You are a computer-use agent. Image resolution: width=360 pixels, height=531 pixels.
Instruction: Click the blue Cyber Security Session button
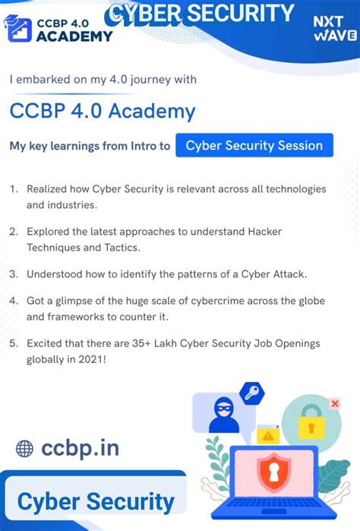coord(254,145)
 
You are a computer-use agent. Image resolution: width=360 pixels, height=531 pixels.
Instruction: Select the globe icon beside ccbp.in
coord(25,448)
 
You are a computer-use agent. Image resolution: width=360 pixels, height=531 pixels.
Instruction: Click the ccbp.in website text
coord(81,447)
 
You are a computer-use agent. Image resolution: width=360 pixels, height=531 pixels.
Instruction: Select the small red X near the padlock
coord(335,403)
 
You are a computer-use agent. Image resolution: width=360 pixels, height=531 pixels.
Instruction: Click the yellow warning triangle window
coord(268,435)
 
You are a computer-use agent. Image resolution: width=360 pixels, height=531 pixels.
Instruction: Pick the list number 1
coord(14,188)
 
